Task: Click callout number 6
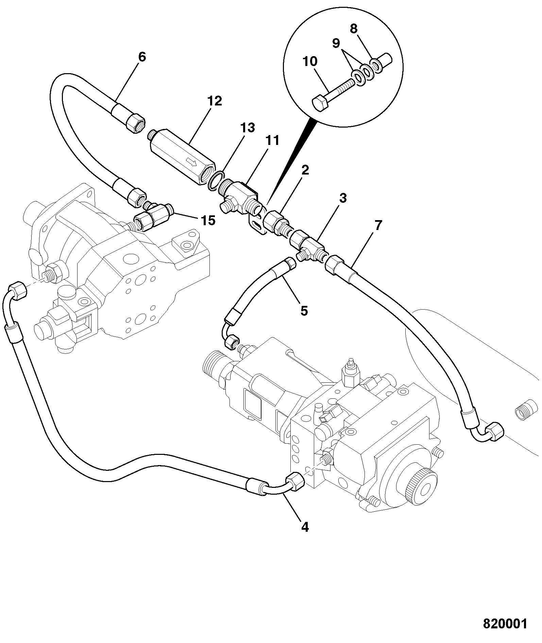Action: coord(142,57)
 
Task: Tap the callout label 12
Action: coord(215,101)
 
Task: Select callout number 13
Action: coord(248,128)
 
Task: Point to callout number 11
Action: coord(272,140)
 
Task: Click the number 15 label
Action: coord(208,221)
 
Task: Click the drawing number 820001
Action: coord(505,624)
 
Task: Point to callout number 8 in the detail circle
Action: coord(354,29)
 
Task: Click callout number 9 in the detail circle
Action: coord(336,43)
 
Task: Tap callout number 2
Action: coord(305,170)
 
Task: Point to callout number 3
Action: coord(343,198)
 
